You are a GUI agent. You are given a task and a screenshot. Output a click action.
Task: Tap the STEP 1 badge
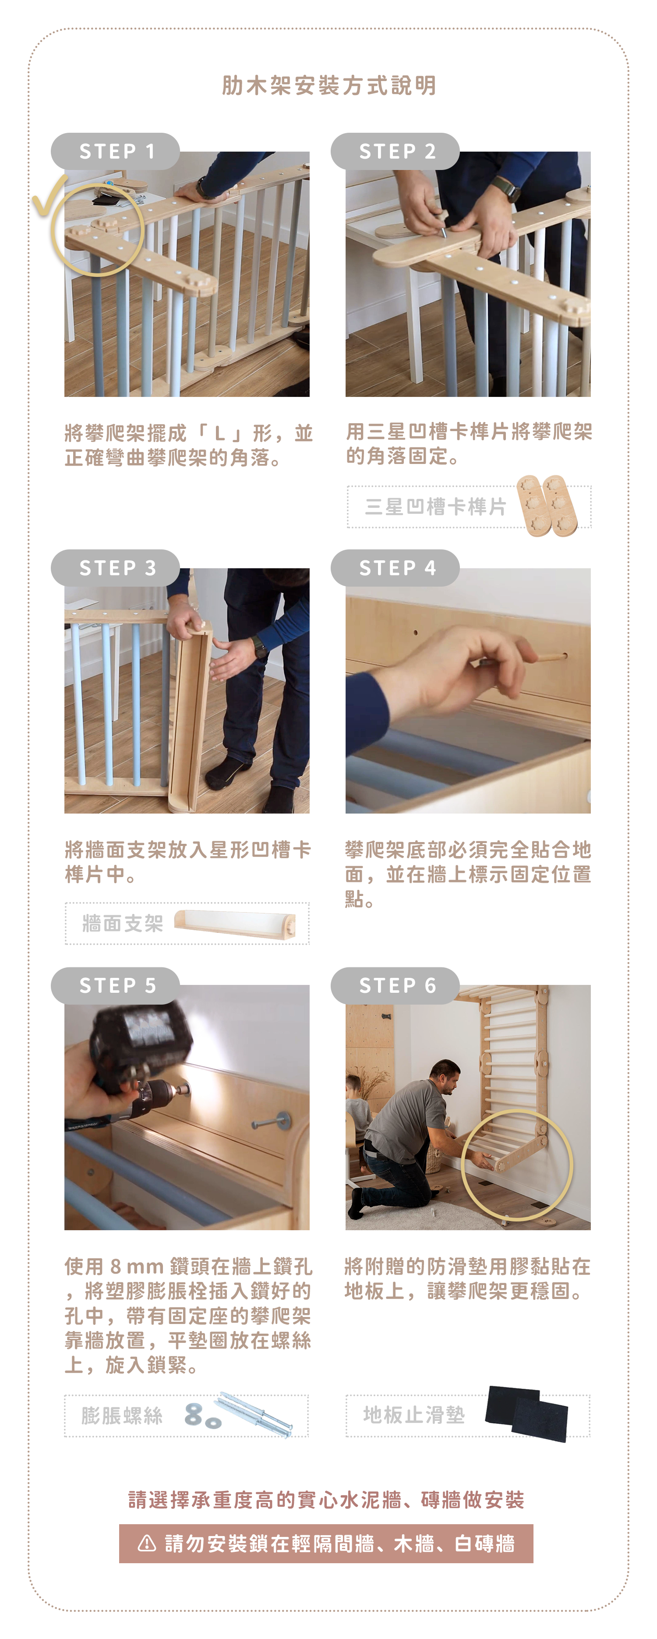click(x=115, y=152)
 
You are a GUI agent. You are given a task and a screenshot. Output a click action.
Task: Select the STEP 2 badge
click(x=395, y=152)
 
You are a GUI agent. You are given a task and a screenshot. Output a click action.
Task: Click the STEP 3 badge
click(x=115, y=567)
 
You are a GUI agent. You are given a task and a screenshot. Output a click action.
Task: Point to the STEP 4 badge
click(x=395, y=567)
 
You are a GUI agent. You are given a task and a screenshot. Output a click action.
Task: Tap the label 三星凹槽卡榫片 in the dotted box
click(x=436, y=506)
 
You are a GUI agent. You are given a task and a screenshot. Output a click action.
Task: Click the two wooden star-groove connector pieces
click(x=547, y=506)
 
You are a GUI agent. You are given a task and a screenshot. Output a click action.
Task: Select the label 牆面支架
click(x=123, y=923)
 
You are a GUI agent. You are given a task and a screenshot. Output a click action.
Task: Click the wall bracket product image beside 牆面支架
click(x=235, y=923)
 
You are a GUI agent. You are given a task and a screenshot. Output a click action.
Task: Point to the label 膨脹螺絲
click(x=122, y=1415)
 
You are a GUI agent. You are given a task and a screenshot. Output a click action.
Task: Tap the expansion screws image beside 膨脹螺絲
click(x=239, y=1414)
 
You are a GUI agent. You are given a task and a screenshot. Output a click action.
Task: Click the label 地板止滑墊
click(x=414, y=1414)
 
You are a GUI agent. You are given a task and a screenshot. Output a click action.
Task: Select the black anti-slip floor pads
click(x=526, y=1413)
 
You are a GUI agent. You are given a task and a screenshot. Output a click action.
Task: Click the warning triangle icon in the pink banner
click(x=147, y=1543)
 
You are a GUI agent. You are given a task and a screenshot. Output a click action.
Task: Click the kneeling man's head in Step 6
click(x=446, y=1075)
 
